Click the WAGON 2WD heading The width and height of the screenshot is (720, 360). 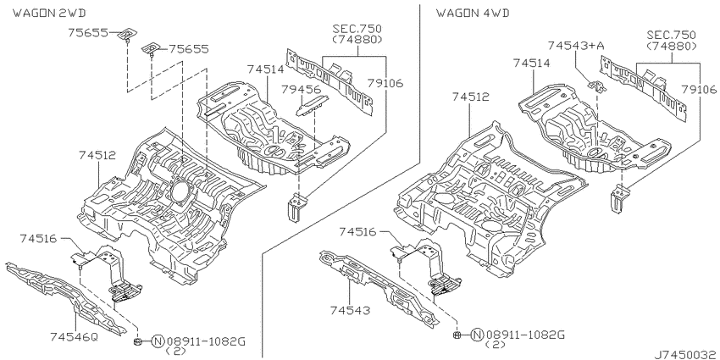[x=48, y=13]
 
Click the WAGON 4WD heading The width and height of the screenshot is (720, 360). [x=473, y=13]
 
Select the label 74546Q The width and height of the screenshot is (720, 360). [x=74, y=337]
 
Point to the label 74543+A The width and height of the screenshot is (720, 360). [x=576, y=46]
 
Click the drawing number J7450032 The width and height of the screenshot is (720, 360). [x=687, y=354]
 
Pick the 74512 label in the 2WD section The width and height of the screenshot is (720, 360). [x=97, y=155]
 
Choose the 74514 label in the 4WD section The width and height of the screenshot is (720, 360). [x=531, y=63]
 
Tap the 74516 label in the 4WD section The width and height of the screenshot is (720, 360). [x=358, y=232]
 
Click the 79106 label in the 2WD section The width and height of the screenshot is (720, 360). [x=385, y=83]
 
